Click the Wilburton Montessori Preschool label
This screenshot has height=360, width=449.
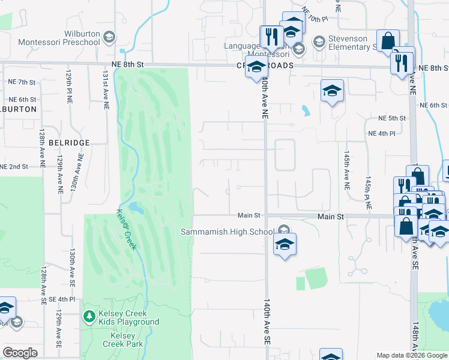coord(59,38)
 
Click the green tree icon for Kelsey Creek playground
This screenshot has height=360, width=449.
coord(89,316)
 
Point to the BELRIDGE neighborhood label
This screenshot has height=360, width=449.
coord(69,143)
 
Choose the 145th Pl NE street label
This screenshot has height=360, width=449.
coord(368,193)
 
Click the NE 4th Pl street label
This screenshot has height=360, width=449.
coord(381,133)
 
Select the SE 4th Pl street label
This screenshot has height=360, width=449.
coord(58,299)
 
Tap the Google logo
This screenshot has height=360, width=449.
coord(20,353)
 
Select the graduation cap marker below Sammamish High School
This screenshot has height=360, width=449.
coord(285,244)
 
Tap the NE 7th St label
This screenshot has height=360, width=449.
coord(22,82)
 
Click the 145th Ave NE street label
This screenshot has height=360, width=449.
coord(346,171)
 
